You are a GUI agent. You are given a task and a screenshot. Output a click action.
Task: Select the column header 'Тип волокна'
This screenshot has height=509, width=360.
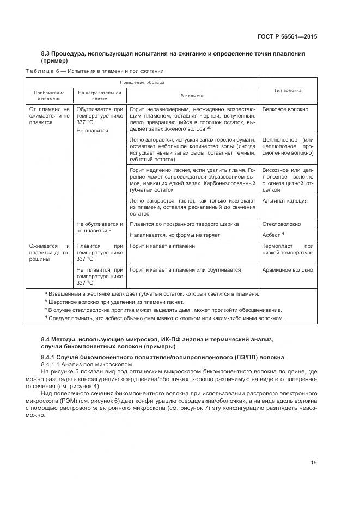(288, 90)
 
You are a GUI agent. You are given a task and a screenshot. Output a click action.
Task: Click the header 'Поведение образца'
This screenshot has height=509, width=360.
(143, 82)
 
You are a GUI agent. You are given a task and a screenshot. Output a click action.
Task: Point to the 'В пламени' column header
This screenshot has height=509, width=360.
(192, 96)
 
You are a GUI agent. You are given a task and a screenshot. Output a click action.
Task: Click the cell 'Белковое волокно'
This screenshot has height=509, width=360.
(285, 109)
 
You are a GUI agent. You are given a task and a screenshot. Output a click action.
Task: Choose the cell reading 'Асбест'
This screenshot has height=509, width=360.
(272, 235)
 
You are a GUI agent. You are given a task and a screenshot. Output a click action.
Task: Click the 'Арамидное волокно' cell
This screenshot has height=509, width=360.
(287, 269)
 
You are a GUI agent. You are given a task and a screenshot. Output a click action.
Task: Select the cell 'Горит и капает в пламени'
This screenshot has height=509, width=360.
(162, 246)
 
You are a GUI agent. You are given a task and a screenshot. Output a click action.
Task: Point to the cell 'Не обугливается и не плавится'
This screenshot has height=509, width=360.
(100, 227)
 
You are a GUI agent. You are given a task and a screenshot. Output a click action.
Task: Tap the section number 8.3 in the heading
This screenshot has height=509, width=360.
(46, 53)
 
